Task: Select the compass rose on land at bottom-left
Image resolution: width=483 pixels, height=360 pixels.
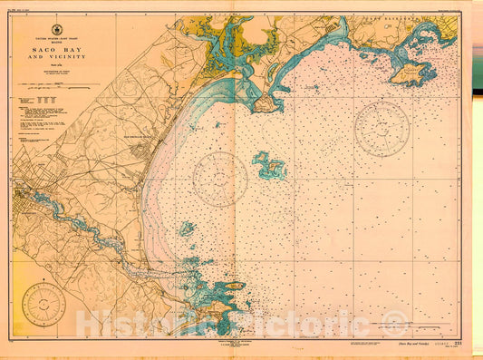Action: point(43,304)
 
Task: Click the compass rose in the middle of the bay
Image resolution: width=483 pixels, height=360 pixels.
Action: point(219,179)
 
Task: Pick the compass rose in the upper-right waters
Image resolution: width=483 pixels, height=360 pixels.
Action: point(382,128)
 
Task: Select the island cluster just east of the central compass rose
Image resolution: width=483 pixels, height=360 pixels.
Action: point(269,166)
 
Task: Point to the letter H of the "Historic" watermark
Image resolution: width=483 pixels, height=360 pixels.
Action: point(89,324)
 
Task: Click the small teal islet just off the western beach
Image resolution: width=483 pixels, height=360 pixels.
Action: point(186,229)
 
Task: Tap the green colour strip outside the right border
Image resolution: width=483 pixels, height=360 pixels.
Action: point(479,181)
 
